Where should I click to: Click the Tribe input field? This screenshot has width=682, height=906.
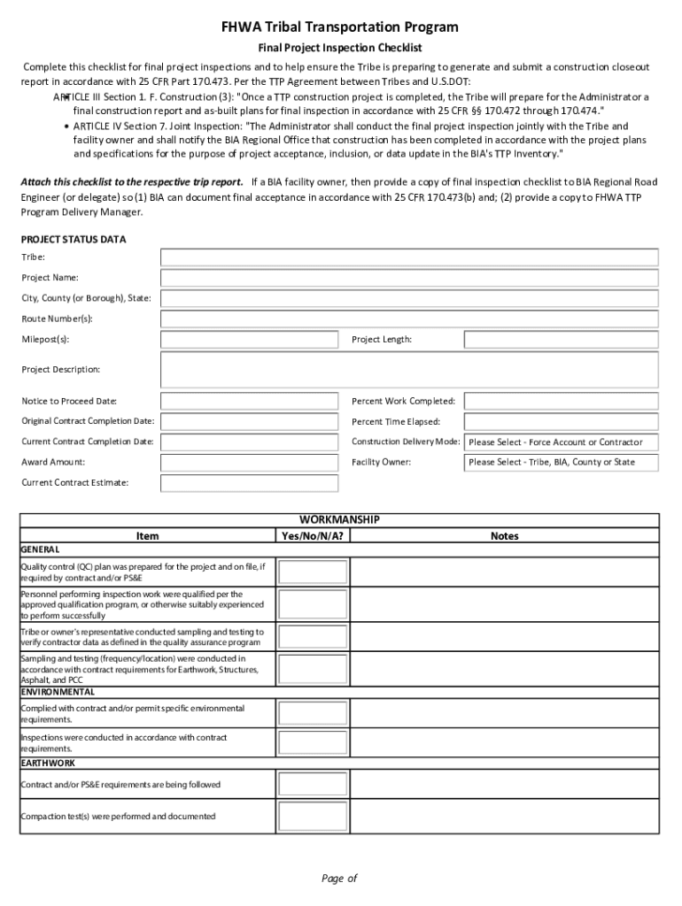409,257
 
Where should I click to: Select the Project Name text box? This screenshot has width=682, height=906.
409,278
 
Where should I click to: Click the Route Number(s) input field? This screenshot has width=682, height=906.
409,319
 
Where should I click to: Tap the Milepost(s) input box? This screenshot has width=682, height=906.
249,340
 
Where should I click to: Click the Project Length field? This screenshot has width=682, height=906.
562,340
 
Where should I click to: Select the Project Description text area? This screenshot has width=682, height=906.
409,370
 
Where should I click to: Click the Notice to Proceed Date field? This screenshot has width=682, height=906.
249,402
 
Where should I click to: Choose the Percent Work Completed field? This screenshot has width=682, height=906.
562,402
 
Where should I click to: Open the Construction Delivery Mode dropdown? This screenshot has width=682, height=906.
562,442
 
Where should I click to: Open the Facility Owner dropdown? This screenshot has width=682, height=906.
562,463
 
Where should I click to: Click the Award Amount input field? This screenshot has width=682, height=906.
249,463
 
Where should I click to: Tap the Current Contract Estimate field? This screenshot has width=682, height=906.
249,483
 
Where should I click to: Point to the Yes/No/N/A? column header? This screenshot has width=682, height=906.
313,536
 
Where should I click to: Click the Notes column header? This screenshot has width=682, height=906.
505,536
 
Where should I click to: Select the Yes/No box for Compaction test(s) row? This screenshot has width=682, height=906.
306,817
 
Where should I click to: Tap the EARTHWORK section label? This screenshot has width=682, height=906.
48,763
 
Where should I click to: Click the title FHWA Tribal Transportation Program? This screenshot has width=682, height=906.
340,27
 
